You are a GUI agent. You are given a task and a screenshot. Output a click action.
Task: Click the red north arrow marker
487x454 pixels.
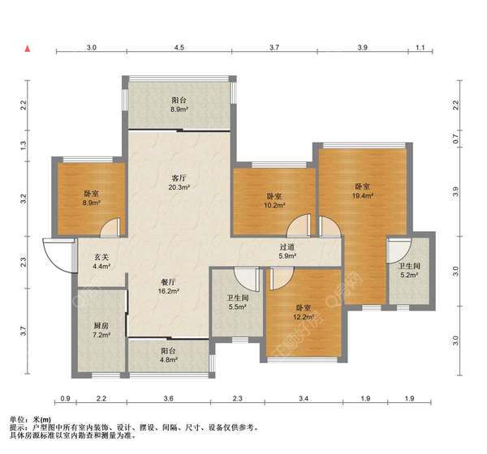(28, 49)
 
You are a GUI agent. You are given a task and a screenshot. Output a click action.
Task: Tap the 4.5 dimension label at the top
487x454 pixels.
(179, 48)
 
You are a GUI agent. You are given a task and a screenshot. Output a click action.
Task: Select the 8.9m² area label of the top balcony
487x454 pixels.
(179, 109)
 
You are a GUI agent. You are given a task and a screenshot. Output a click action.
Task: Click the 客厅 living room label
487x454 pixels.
(179, 178)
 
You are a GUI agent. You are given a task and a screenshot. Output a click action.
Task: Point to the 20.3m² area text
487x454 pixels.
(179, 187)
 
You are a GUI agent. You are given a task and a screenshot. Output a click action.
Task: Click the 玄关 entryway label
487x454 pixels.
(101, 257)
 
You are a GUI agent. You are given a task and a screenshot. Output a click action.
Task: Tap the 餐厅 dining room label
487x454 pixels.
(169, 282)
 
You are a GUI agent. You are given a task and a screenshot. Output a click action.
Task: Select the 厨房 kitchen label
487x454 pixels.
(101, 326)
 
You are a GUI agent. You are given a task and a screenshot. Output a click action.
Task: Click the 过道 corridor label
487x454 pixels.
(287, 247)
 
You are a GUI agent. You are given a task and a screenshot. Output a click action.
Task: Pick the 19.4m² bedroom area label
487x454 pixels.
(363, 196)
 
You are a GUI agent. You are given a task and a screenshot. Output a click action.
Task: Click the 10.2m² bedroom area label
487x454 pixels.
(274, 205)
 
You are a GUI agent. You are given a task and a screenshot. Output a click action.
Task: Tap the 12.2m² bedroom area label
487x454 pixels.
(304, 317)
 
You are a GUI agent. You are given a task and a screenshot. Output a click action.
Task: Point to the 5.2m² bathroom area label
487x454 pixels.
(409, 275)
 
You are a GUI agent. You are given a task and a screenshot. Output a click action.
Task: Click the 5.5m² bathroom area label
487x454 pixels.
(238, 307)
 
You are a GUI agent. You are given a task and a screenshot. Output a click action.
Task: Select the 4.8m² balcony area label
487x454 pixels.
(169, 360)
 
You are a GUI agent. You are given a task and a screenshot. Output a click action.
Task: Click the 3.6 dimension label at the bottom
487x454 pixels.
(168, 398)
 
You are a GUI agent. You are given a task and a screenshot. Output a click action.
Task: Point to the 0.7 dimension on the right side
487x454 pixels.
(455, 139)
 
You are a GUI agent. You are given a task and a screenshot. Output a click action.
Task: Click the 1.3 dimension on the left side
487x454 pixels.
(24, 145)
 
